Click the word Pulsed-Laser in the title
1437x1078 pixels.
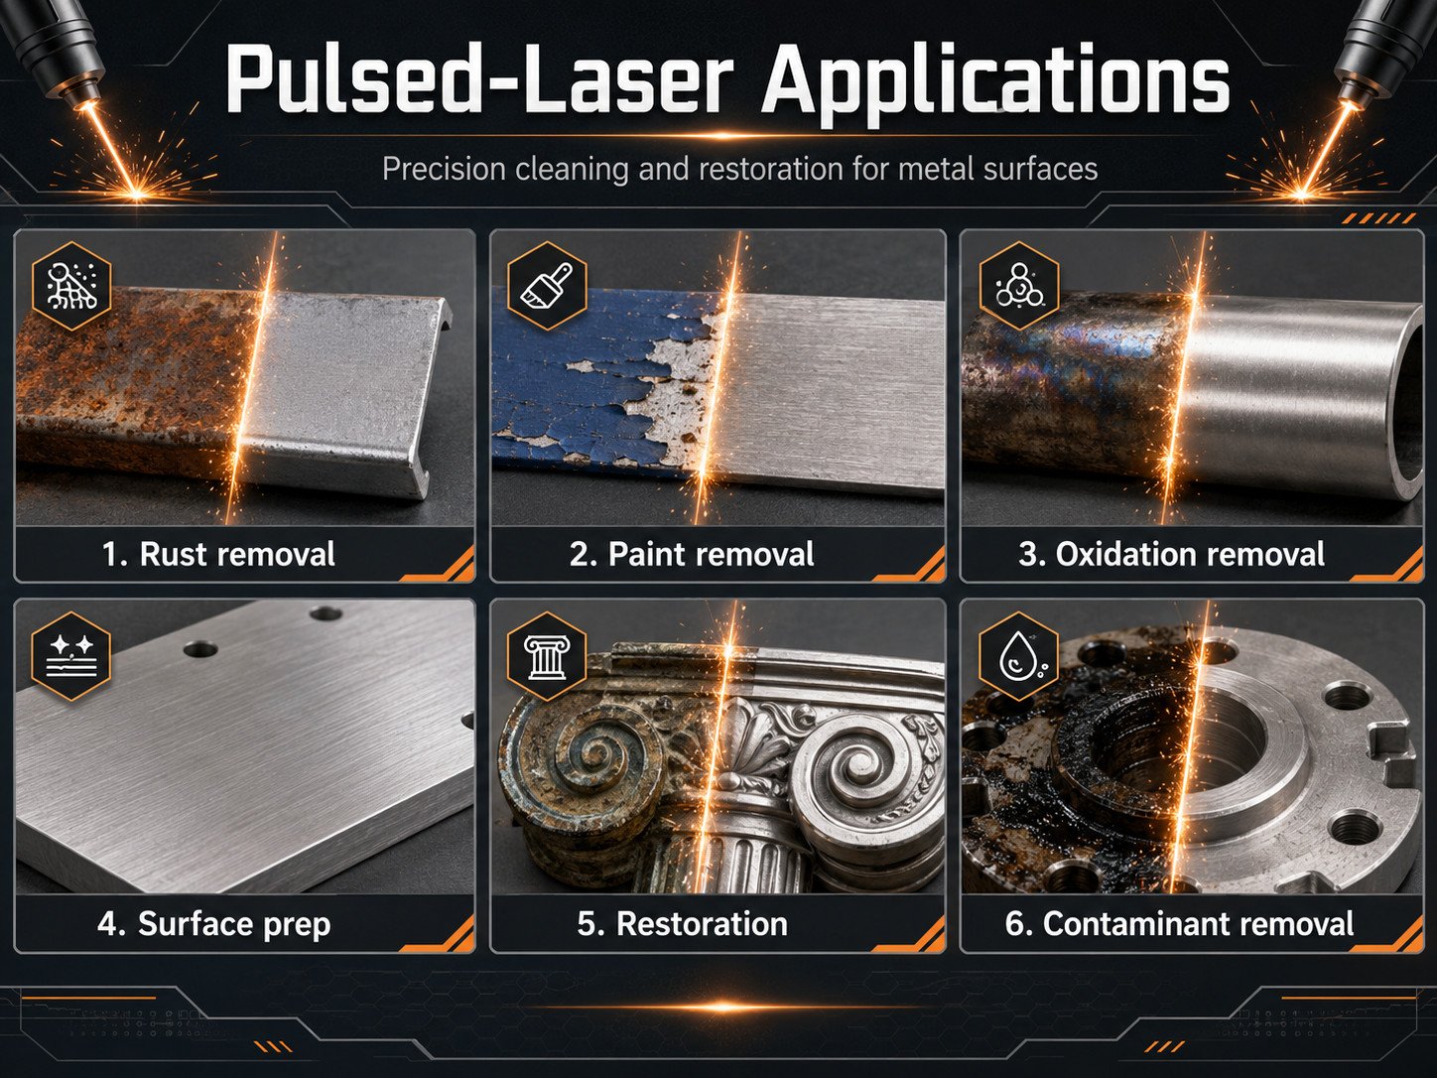480,79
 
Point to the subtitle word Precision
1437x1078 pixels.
445,169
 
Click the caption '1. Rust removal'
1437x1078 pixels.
218,554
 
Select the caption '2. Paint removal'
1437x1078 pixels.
692,554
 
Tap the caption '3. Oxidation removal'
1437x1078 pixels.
1172,554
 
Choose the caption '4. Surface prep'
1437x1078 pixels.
214,924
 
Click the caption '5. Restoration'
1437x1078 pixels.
682,923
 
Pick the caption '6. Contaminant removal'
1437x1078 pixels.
1179,923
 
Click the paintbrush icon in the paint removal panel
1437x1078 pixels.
547,285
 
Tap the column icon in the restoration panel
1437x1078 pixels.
547,656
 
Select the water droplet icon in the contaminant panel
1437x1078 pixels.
1018,656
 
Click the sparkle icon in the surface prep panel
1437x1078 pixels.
71,656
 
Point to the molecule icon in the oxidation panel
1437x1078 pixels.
1018,285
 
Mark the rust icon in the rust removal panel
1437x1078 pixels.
71,285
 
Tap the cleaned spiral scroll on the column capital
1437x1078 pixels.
857,764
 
